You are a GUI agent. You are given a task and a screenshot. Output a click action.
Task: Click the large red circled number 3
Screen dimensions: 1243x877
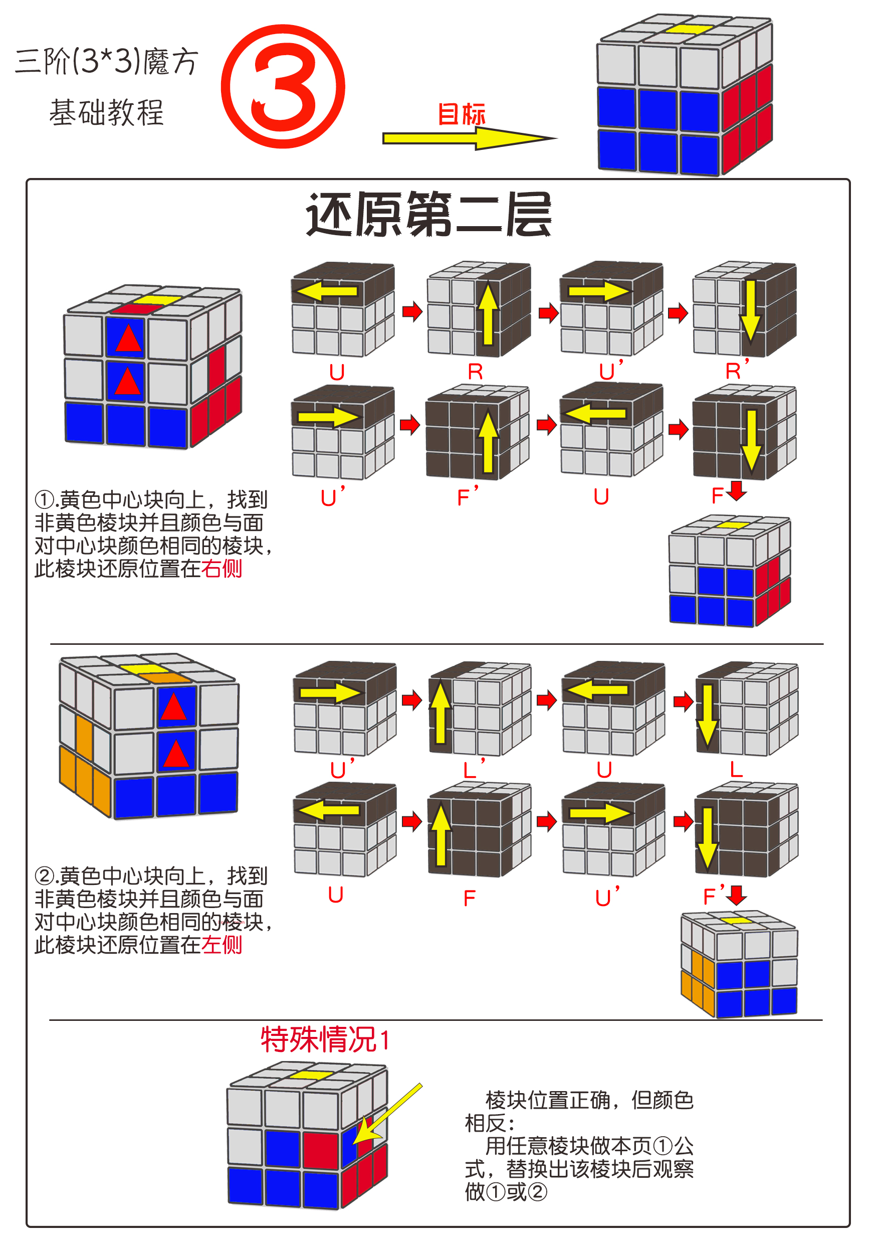pyautogui.click(x=283, y=87)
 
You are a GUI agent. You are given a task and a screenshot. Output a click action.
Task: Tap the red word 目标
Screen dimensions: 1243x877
pyautogui.click(x=462, y=114)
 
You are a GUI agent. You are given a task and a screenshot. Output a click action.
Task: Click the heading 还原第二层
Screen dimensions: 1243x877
pyautogui.click(x=428, y=215)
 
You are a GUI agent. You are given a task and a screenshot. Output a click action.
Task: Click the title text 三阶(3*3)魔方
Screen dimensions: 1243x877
pyautogui.click(x=107, y=61)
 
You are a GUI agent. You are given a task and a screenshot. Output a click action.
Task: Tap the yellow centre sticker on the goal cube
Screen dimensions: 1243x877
pyautogui.click(x=689, y=29)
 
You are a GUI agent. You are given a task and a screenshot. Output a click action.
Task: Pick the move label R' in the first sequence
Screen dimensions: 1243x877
pyautogui.click(x=736, y=371)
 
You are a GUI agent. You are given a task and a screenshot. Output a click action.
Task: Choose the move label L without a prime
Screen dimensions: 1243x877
pyautogui.click(x=736, y=769)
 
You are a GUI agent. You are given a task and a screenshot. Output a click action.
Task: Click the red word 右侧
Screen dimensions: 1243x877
pyautogui.click(x=222, y=569)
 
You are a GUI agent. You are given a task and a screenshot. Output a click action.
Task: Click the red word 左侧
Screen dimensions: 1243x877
pyautogui.click(x=222, y=945)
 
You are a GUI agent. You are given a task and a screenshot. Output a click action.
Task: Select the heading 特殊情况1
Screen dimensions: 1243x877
pyautogui.click(x=325, y=1039)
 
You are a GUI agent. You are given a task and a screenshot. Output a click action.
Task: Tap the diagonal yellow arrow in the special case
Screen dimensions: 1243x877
pyautogui.click(x=386, y=1115)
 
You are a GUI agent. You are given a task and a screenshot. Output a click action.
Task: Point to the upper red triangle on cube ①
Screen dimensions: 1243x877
pyautogui.click(x=128, y=338)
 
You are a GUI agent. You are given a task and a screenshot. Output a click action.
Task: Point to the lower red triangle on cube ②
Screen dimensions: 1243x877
pyautogui.click(x=176, y=754)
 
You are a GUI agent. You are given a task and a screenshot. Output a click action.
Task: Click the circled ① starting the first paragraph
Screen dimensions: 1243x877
pyautogui.click(x=45, y=499)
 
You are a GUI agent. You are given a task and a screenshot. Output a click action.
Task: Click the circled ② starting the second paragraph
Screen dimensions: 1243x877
pyautogui.click(x=45, y=876)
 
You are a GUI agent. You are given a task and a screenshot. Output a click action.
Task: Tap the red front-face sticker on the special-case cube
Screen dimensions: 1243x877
pyautogui.click(x=320, y=1148)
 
